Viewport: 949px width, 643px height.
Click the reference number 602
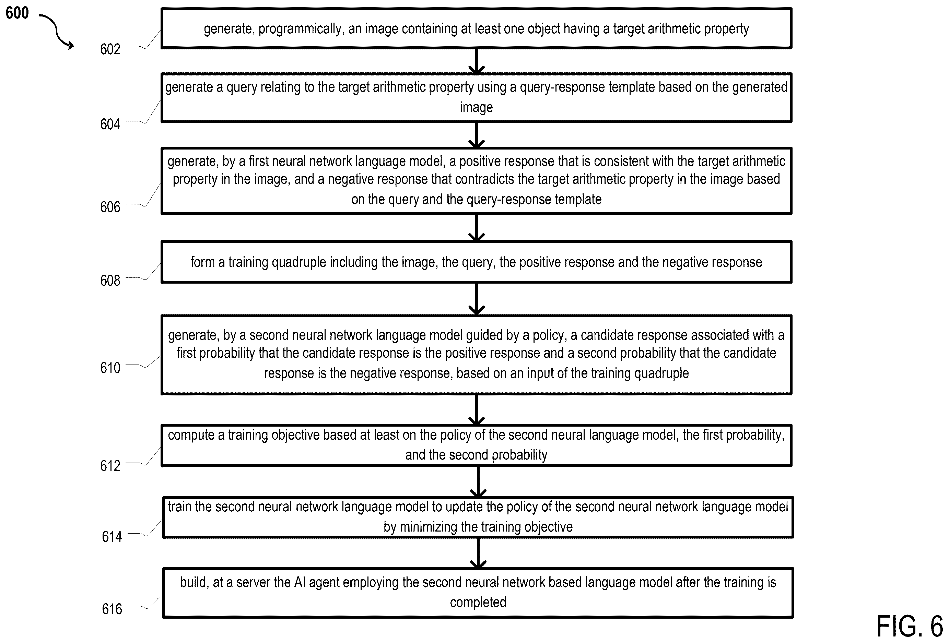click(110, 49)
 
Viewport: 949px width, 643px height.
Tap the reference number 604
click(110, 124)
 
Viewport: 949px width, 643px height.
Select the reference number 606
click(110, 207)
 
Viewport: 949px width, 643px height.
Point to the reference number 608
click(110, 281)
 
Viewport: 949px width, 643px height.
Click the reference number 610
click(110, 368)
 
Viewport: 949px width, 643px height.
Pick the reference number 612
click(110, 466)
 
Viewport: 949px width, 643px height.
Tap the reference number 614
click(112, 536)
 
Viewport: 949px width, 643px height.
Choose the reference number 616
click(112, 609)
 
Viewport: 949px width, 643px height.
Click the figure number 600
click(17, 13)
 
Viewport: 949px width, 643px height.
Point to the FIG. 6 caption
click(910, 626)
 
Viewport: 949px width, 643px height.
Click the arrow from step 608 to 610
click(477, 299)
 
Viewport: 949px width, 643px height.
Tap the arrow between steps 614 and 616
click(478, 553)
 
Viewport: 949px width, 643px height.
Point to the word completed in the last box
click(478, 603)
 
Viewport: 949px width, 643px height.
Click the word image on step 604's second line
click(477, 107)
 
